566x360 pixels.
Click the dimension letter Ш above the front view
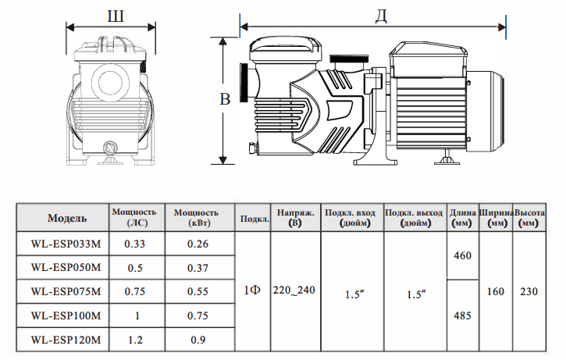pos(116,16)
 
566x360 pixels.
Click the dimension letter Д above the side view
pos(381,16)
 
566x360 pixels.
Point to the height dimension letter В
pos(225,99)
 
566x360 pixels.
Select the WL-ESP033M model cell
pos(66,244)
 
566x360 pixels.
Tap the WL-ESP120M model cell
pos(66,340)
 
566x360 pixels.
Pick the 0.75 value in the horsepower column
pos(135,291)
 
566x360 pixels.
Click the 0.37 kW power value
pos(198,268)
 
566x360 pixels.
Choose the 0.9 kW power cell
pos(198,340)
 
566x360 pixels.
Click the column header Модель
pos(67,218)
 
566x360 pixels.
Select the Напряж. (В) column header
pos(295,217)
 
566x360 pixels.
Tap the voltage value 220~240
pos(294,290)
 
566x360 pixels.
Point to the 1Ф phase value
pos(252,290)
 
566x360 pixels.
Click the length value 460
pos(462,255)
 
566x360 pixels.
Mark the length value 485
pos(462,315)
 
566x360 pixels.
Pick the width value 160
pos(496,291)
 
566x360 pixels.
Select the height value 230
pos(529,291)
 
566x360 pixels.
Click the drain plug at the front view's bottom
pos(110,148)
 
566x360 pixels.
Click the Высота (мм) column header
pos(529,217)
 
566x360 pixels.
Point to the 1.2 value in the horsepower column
pos(135,340)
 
